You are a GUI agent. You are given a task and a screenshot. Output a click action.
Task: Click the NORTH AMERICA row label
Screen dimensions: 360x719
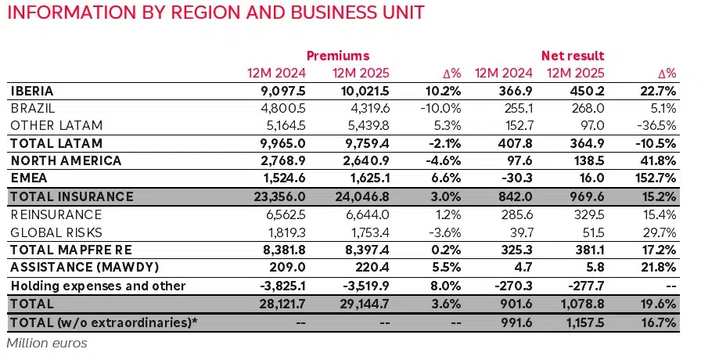[67, 160]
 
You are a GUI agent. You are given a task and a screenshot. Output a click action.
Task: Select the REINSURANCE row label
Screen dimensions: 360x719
[57, 214]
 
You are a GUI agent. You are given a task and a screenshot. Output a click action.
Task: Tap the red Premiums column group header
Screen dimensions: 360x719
[337, 56]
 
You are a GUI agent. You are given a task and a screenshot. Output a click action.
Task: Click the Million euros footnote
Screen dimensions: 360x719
[46, 343]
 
